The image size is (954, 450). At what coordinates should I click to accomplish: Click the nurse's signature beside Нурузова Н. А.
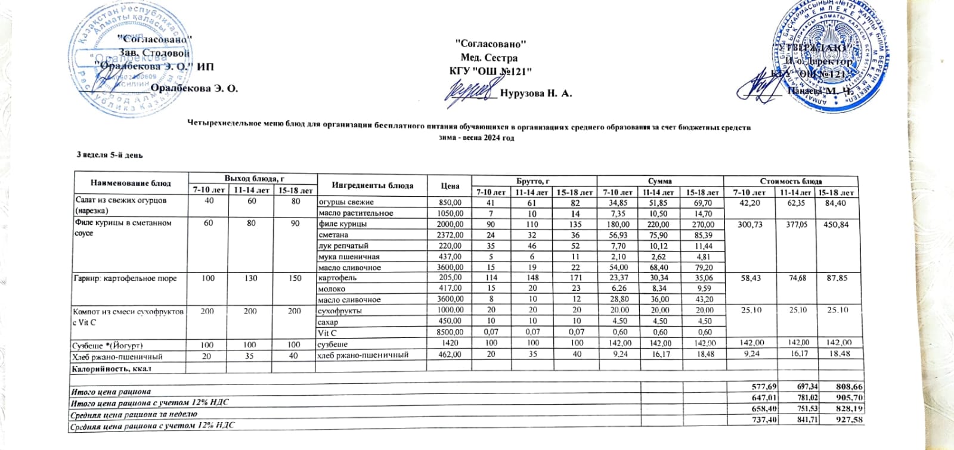[472, 92]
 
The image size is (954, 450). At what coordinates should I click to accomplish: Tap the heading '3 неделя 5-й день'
[110, 155]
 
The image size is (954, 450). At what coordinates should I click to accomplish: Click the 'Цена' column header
[450, 186]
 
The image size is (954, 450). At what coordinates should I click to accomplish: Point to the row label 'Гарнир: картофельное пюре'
[125, 278]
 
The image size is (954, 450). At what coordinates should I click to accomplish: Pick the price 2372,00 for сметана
[451, 235]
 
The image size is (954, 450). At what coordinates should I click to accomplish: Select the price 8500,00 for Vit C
[451, 333]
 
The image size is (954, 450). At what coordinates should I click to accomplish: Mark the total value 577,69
[750, 387]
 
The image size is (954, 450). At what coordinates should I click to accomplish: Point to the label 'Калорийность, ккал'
[111, 368]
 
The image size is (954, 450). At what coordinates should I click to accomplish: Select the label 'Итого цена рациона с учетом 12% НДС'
[149, 404]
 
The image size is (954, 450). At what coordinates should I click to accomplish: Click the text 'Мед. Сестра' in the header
[489, 58]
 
